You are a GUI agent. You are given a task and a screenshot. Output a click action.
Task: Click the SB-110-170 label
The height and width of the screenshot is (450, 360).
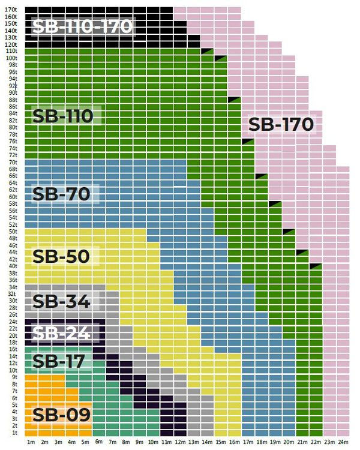coord(82,26)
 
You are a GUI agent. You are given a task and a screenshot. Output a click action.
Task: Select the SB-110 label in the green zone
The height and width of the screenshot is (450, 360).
coord(63,116)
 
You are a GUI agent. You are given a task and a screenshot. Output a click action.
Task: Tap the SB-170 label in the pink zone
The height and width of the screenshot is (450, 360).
coord(281,124)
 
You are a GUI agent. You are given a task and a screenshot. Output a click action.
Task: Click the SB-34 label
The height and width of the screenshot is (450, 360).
coord(61,301)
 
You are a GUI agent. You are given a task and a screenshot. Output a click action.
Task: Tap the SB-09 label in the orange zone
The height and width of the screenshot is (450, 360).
coord(61,414)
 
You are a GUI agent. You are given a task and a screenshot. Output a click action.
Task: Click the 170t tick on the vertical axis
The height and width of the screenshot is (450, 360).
coord(11,10)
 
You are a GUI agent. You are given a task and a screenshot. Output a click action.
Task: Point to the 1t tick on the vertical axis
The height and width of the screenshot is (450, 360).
coord(13,433)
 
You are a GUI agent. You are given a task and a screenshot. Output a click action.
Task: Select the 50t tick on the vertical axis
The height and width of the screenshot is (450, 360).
coord(12,231)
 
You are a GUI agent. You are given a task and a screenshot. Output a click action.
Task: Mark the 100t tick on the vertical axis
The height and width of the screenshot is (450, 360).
coord(11,58)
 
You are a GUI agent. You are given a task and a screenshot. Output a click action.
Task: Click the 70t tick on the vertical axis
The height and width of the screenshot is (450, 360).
coord(12,162)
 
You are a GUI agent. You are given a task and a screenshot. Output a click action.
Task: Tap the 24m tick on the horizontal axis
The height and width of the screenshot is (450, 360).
coord(343,442)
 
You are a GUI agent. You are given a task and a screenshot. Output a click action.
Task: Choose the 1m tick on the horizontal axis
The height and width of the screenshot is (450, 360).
coord(31,442)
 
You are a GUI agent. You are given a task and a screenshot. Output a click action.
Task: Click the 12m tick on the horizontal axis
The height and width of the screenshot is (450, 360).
coord(180,442)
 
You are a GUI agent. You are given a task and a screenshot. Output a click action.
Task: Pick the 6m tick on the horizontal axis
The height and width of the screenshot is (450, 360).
coord(99,442)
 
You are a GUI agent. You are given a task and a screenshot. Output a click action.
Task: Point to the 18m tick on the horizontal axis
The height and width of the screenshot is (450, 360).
coord(262,442)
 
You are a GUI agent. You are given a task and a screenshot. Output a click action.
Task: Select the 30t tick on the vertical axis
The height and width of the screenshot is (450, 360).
coord(12,301)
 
